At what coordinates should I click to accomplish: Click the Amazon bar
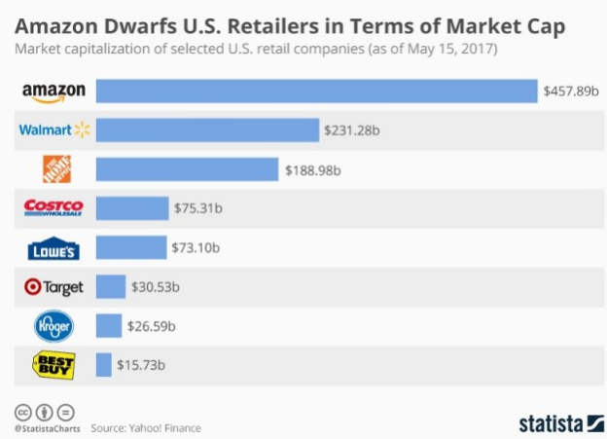click(316, 91)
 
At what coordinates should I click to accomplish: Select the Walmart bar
click(207, 129)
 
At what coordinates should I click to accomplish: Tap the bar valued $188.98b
click(187, 169)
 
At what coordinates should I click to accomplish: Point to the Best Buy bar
click(104, 365)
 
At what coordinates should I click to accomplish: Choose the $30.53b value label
click(156, 286)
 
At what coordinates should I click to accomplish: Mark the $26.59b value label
click(152, 326)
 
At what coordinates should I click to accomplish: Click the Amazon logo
click(54, 91)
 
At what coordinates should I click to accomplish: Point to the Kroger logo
click(54, 326)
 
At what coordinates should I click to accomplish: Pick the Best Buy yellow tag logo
click(54, 365)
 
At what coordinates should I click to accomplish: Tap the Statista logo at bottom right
click(555, 423)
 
